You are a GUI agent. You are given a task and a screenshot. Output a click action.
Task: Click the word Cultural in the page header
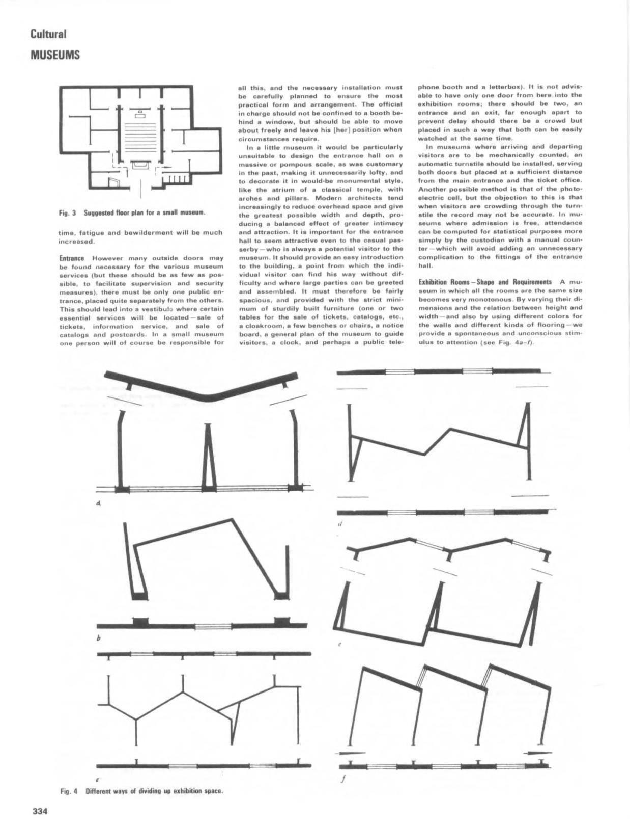pos(48,34)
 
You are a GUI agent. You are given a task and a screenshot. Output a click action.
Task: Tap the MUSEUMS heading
pos(55,55)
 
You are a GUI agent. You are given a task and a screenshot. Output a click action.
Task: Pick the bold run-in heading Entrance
pos(71,258)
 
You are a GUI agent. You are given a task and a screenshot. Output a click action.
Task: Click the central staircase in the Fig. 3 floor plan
pos(139,136)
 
